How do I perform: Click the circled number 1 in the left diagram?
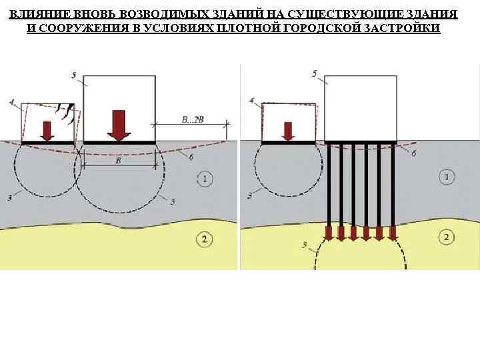pos(205,178)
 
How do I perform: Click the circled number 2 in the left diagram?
pos(205,239)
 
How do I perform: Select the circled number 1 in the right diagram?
pos(446,177)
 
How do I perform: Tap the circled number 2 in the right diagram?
pos(446,237)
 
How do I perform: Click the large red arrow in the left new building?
pos(119,125)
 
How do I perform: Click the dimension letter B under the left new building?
pos(118,161)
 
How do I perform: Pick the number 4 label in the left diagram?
pos(12,101)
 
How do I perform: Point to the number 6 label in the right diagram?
pos(415,153)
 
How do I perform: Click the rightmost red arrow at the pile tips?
pos(393,233)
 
